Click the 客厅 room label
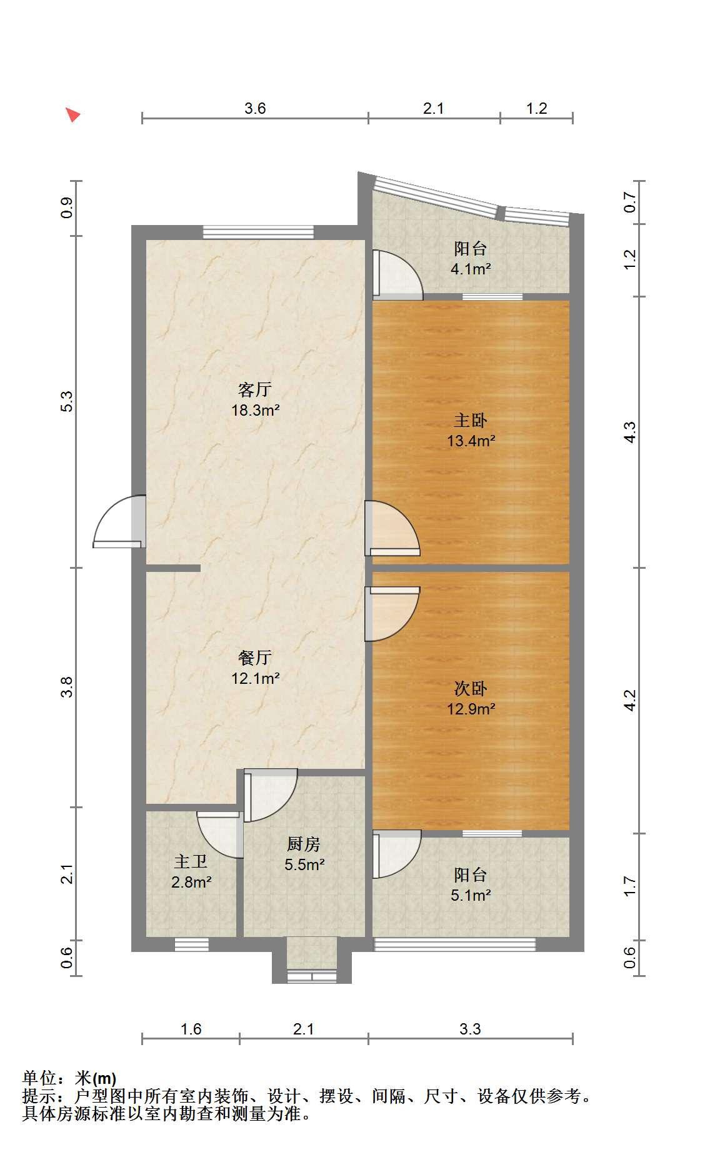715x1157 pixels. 255,390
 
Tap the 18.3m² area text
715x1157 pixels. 255,411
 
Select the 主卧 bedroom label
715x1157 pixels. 471,420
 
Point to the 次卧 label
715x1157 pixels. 471,689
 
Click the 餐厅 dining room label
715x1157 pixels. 255,658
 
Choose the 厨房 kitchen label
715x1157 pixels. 304,844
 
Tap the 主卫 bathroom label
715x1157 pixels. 191,862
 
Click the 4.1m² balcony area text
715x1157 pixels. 471,269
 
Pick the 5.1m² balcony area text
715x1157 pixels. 471,895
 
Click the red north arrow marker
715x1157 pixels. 73,114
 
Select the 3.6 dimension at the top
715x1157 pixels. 255,108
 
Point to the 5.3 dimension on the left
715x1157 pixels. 67,401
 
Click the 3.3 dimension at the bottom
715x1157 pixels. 470,1029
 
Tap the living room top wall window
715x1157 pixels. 258,232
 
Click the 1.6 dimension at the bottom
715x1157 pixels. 191,1029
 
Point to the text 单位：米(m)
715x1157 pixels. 69,1078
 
